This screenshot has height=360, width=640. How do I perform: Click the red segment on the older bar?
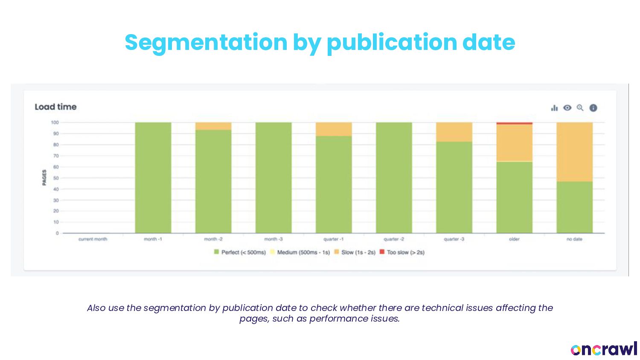point(514,123)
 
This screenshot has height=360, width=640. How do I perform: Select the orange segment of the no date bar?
point(574,152)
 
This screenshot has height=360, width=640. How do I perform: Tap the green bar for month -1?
point(153,177)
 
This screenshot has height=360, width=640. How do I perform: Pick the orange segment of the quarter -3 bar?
point(454,132)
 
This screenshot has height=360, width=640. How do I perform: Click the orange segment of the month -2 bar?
point(213,126)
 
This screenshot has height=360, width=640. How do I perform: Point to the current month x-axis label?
point(93,239)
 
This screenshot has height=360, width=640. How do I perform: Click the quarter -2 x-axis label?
point(394,239)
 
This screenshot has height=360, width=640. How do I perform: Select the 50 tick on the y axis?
point(56,178)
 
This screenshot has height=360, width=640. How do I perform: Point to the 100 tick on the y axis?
point(55,122)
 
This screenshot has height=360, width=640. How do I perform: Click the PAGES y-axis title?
point(44,177)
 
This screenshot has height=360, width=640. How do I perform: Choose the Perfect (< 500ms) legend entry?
point(240,253)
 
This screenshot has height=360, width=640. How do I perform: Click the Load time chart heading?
point(55,107)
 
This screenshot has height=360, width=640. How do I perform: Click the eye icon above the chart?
point(567,108)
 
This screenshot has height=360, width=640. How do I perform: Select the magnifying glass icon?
point(580,108)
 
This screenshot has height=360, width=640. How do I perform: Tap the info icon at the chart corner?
point(593,108)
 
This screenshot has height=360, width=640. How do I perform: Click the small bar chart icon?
point(554,108)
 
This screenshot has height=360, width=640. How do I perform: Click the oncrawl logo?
point(604,349)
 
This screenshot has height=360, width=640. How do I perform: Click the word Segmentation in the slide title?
point(206,42)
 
